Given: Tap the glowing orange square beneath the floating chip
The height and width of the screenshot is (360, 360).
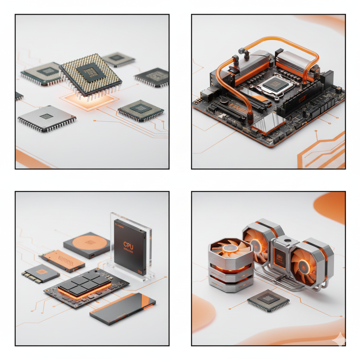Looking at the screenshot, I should (x=88, y=100).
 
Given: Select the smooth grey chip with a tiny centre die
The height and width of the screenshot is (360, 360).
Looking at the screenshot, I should (x=46, y=117).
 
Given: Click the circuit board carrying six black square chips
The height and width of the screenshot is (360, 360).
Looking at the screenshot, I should (x=86, y=287).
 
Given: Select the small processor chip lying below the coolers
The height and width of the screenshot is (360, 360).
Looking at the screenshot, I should (x=268, y=300).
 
